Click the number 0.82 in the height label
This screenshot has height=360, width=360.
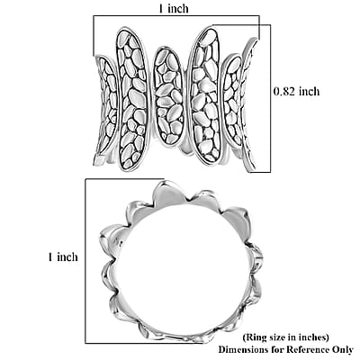coord(283,91)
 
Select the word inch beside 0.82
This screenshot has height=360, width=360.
coord(309,91)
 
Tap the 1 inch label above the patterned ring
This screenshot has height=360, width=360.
coord(173,8)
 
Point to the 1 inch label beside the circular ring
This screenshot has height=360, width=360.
coord(63,256)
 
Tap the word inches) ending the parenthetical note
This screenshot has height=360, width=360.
coord(315,337)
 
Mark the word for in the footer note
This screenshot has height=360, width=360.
coord(277,350)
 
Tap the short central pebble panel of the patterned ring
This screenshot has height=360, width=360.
coord(169,96)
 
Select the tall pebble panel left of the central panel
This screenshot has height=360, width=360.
coord(132,99)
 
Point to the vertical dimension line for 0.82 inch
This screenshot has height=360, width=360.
coord(271,98)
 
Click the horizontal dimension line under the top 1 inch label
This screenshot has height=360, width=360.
coord(176,15)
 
